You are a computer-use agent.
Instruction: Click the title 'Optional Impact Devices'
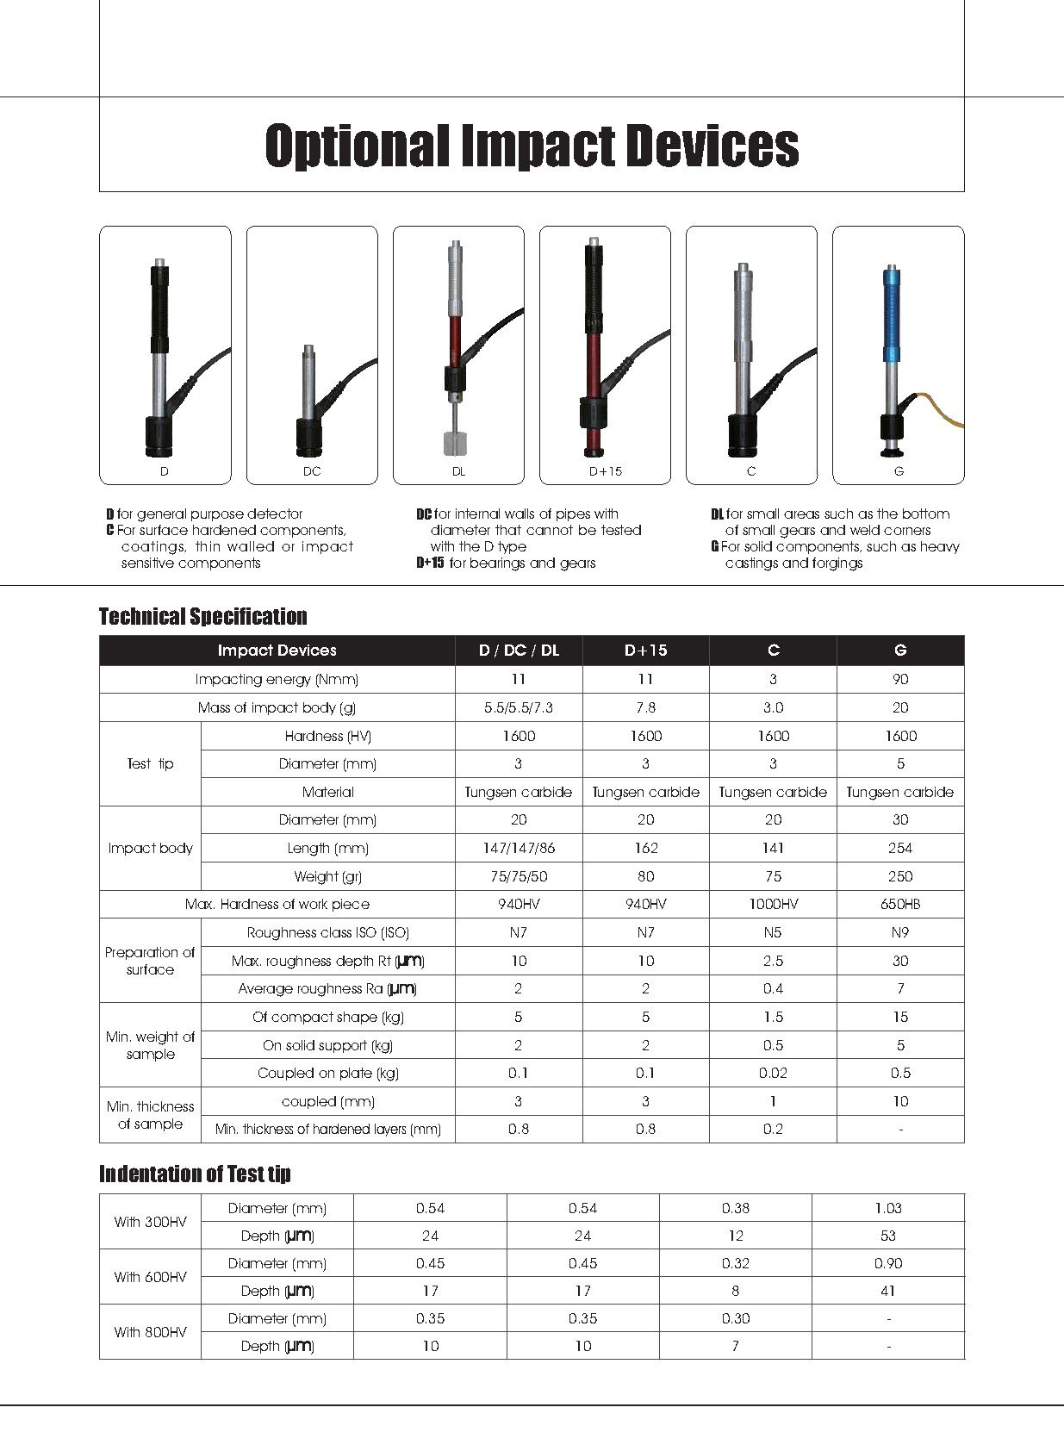[x=532, y=145]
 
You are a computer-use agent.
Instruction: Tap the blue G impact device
[x=891, y=345]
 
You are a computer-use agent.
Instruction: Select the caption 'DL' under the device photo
[x=458, y=471]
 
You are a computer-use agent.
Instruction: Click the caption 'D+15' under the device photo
[x=605, y=471]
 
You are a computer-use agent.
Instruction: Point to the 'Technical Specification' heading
[x=203, y=616]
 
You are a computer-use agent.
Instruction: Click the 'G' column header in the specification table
[x=900, y=651]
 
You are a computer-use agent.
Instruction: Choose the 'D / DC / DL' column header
[x=519, y=651]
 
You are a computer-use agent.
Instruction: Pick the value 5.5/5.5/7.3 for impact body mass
[x=519, y=707]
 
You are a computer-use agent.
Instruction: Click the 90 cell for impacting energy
[x=900, y=679]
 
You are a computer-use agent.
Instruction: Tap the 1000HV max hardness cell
[x=773, y=904]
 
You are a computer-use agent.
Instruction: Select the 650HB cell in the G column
[x=900, y=904]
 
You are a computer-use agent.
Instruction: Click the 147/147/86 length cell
[x=519, y=848]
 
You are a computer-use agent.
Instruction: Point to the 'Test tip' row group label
[x=150, y=763]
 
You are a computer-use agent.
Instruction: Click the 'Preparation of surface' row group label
[x=150, y=961]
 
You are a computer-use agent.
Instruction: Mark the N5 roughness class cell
[x=773, y=932]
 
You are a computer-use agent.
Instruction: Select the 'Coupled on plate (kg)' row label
[x=328, y=1073]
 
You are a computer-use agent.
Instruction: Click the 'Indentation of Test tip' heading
[x=195, y=1174]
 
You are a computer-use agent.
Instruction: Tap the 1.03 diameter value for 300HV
[x=887, y=1208]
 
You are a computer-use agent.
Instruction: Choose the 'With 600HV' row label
[x=150, y=1277]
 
